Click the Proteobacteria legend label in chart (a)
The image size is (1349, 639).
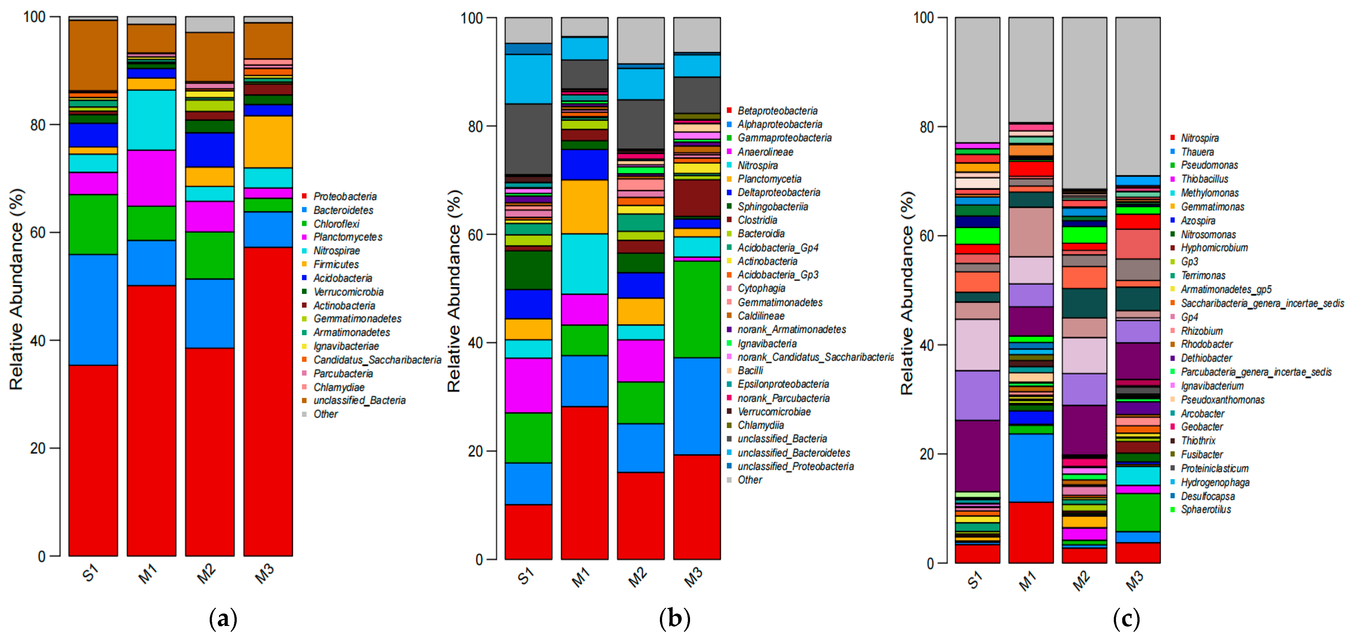point(345,196)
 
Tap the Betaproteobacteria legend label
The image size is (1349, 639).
point(777,111)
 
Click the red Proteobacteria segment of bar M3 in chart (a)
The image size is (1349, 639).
point(268,401)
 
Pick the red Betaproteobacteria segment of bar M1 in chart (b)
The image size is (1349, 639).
point(584,482)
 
